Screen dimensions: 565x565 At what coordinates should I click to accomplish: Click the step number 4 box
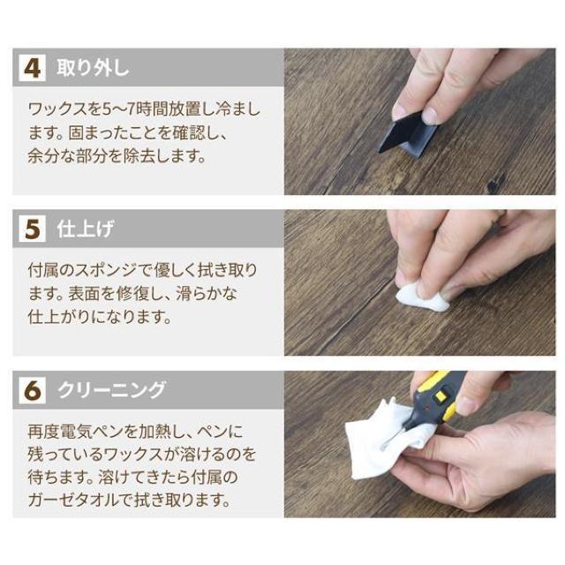[32, 68]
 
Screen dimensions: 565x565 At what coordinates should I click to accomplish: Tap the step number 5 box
[32, 229]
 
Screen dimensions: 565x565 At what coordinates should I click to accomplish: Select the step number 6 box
[32, 390]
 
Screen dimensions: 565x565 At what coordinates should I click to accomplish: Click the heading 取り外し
[93, 68]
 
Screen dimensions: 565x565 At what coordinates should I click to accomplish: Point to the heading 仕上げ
[85, 229]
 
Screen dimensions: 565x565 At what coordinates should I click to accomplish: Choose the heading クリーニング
[111, 390]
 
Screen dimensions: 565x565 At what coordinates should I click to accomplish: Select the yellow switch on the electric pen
[441, 396]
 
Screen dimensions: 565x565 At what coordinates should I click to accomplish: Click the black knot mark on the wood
[496, 182]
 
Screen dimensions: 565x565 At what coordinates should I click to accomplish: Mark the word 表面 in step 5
[84, 294]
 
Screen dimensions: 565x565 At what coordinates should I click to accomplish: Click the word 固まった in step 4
[92, 133]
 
